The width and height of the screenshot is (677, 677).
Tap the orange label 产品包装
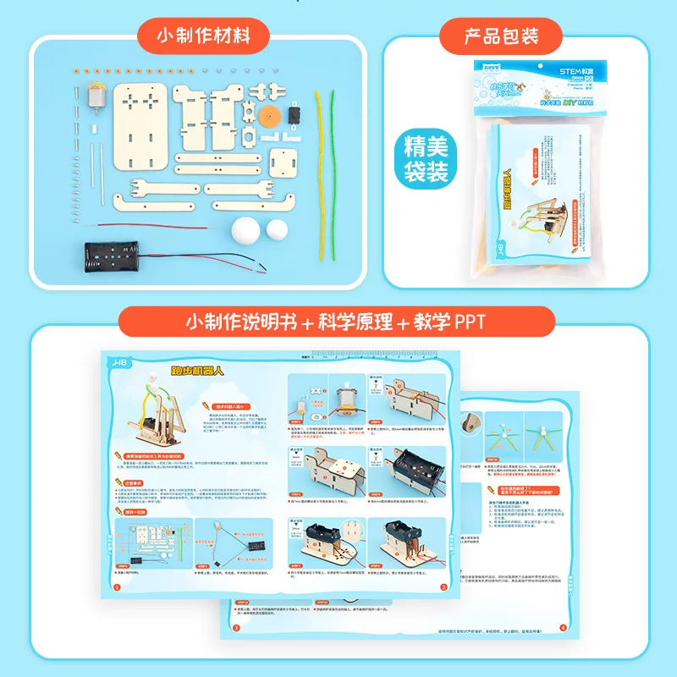pos(501,36)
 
